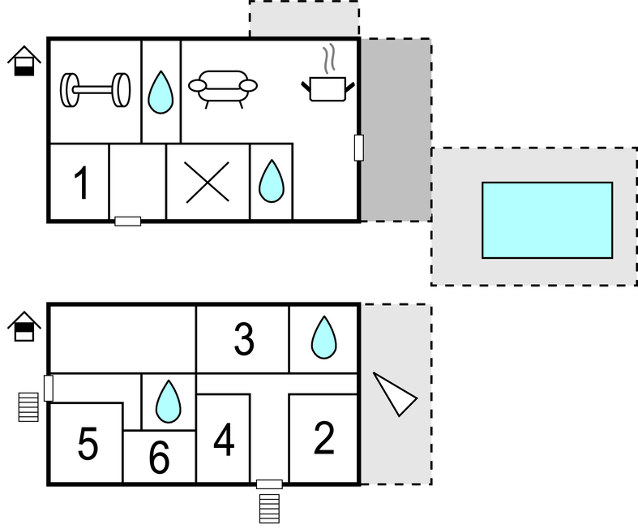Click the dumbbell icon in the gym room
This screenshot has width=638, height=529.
(96, 89)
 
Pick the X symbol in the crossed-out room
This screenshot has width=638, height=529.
(208, 182)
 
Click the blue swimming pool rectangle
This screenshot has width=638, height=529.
(547, 219)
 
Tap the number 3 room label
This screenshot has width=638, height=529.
(244, 340)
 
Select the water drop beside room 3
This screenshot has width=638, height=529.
(323, 338)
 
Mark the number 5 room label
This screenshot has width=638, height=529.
(88, 443)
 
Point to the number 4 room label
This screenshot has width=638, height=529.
(224, 441)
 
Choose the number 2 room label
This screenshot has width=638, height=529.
(323, 438)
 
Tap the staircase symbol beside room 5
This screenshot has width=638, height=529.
(28, 406)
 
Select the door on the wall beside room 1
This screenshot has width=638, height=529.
(127, 221)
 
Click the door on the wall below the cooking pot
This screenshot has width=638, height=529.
(359, 147)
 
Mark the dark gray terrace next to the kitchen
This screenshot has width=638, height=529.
(395, 130)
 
